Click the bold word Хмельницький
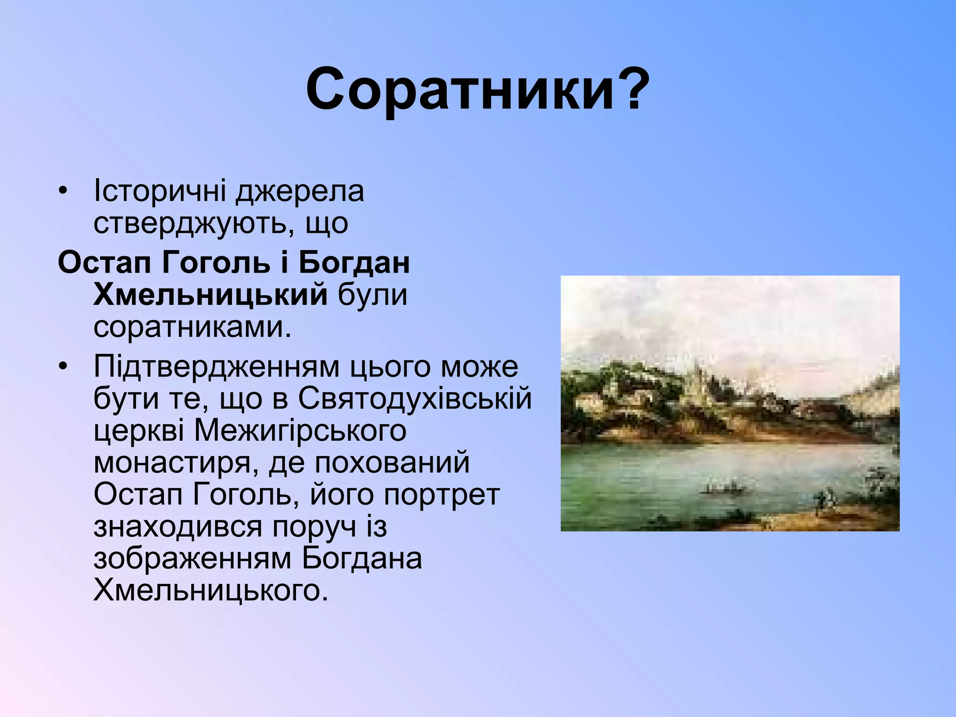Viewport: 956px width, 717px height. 210,295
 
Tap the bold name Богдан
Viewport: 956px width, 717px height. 354,262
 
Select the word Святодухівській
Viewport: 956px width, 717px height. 415,399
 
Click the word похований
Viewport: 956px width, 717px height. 392,463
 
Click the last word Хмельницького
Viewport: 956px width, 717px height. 208,591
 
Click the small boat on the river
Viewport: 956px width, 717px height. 721,489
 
